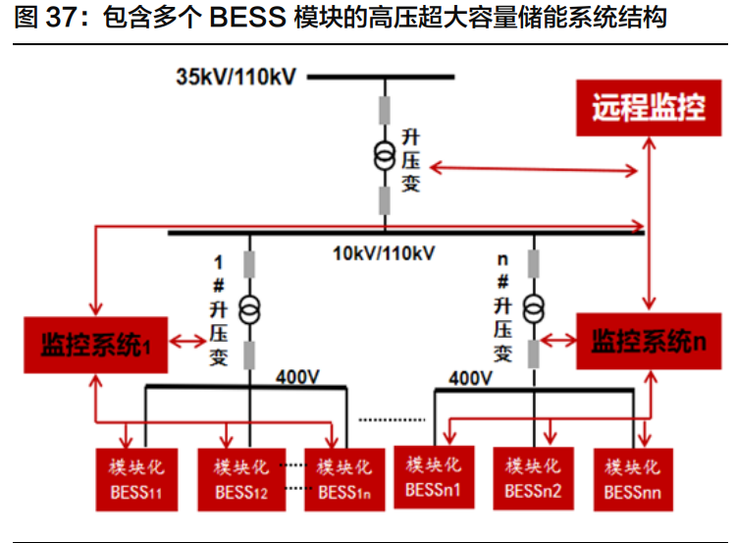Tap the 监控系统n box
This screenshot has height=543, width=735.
[x=647, y=341]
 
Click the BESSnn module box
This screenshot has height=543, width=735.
[x=633, y=478]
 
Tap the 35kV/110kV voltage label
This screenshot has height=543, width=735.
[x=236, y=77]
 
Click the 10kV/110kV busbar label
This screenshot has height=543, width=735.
[x=383, y=253]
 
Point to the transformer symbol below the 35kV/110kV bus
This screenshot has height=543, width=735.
[x=384, y=155]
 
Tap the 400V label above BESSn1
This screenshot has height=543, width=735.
[x=471, y=377]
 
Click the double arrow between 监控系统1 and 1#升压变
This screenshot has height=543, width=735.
[x=187, y=342]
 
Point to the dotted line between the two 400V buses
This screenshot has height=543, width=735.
[x=393, y=418]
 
